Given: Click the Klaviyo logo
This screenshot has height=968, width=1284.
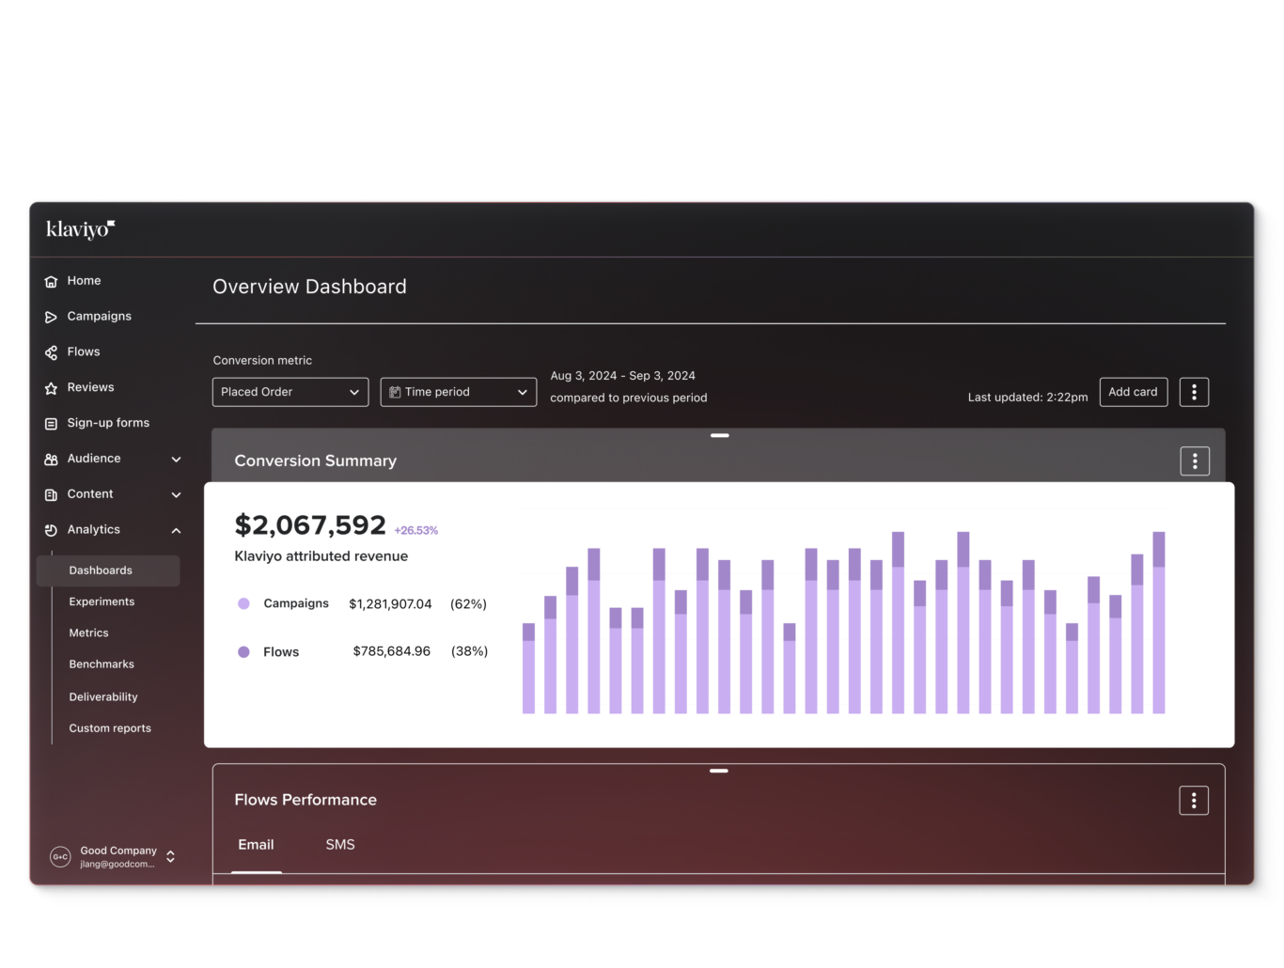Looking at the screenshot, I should [x=81, y=229].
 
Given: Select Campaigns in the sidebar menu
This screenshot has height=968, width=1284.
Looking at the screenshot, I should [x=99, y=317].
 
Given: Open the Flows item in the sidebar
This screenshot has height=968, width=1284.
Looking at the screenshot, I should [x=83, y=351].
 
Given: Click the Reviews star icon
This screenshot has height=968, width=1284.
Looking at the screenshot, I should [x=51, y=388].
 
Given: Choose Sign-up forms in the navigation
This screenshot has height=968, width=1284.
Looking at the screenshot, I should [x=107, y=423].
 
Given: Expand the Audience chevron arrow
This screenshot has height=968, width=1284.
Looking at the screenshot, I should [x=176, y=460].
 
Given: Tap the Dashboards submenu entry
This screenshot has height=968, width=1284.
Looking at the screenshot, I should [x=101, y=570].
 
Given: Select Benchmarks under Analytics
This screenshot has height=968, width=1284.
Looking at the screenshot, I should [x=102, y=664].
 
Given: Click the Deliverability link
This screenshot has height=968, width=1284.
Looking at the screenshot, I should [x=103, y=697].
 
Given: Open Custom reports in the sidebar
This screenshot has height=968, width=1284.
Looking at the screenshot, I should [x=110, y=728].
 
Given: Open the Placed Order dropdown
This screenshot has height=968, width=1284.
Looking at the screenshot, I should [x=290, y=392].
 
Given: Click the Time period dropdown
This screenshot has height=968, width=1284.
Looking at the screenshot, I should [x=458, y=392].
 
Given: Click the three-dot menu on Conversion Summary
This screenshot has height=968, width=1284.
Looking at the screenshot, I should [x=1195, y=461].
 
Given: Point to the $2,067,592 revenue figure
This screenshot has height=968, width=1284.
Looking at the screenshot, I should [x=310, y=524].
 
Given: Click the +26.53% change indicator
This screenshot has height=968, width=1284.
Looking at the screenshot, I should [x=416, y=531].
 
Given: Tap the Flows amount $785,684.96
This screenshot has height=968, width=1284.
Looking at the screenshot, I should [x=391, y=651].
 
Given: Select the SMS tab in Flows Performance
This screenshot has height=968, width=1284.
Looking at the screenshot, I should [x=340, y=845].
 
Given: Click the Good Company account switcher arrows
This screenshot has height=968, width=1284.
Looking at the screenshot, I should [x=170, y=856].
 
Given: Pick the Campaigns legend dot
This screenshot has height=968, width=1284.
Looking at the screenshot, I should [x=243, y=604].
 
